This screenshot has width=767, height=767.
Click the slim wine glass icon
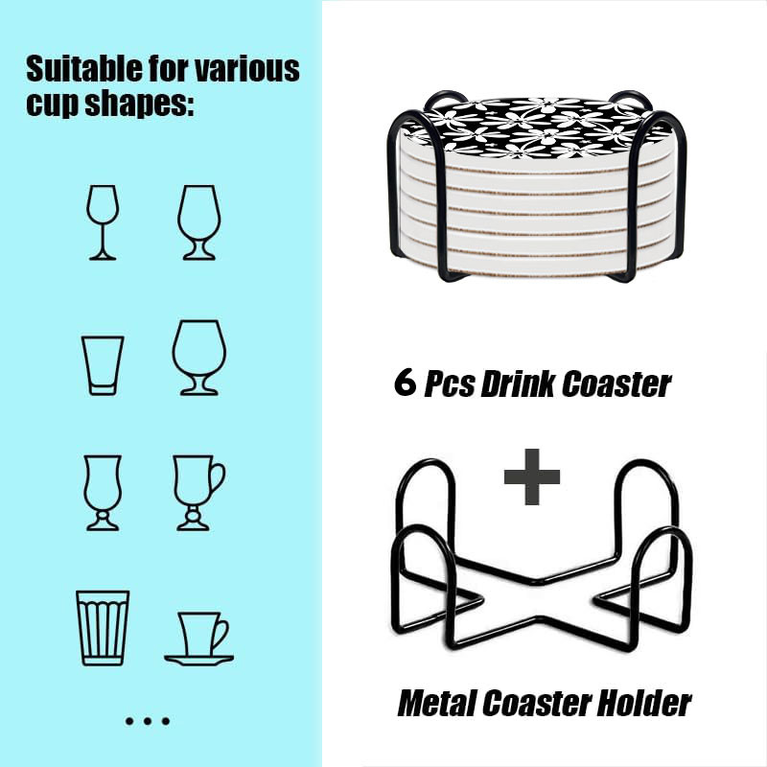(103, 222)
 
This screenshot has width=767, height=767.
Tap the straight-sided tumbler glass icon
(103, 365)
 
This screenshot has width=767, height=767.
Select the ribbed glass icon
(103, 628)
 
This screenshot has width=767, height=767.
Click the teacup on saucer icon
(199, 639)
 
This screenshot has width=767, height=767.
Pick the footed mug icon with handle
(198, 493)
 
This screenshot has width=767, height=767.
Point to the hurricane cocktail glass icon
(103, 493)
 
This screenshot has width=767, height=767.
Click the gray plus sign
(532, 476)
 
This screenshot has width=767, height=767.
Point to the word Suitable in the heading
(84, 68)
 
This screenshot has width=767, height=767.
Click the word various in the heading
(247, 69)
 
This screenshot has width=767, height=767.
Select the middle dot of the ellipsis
(148, 721)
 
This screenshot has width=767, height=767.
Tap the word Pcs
(449, 384)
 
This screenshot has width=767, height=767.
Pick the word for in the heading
(169, 68)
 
